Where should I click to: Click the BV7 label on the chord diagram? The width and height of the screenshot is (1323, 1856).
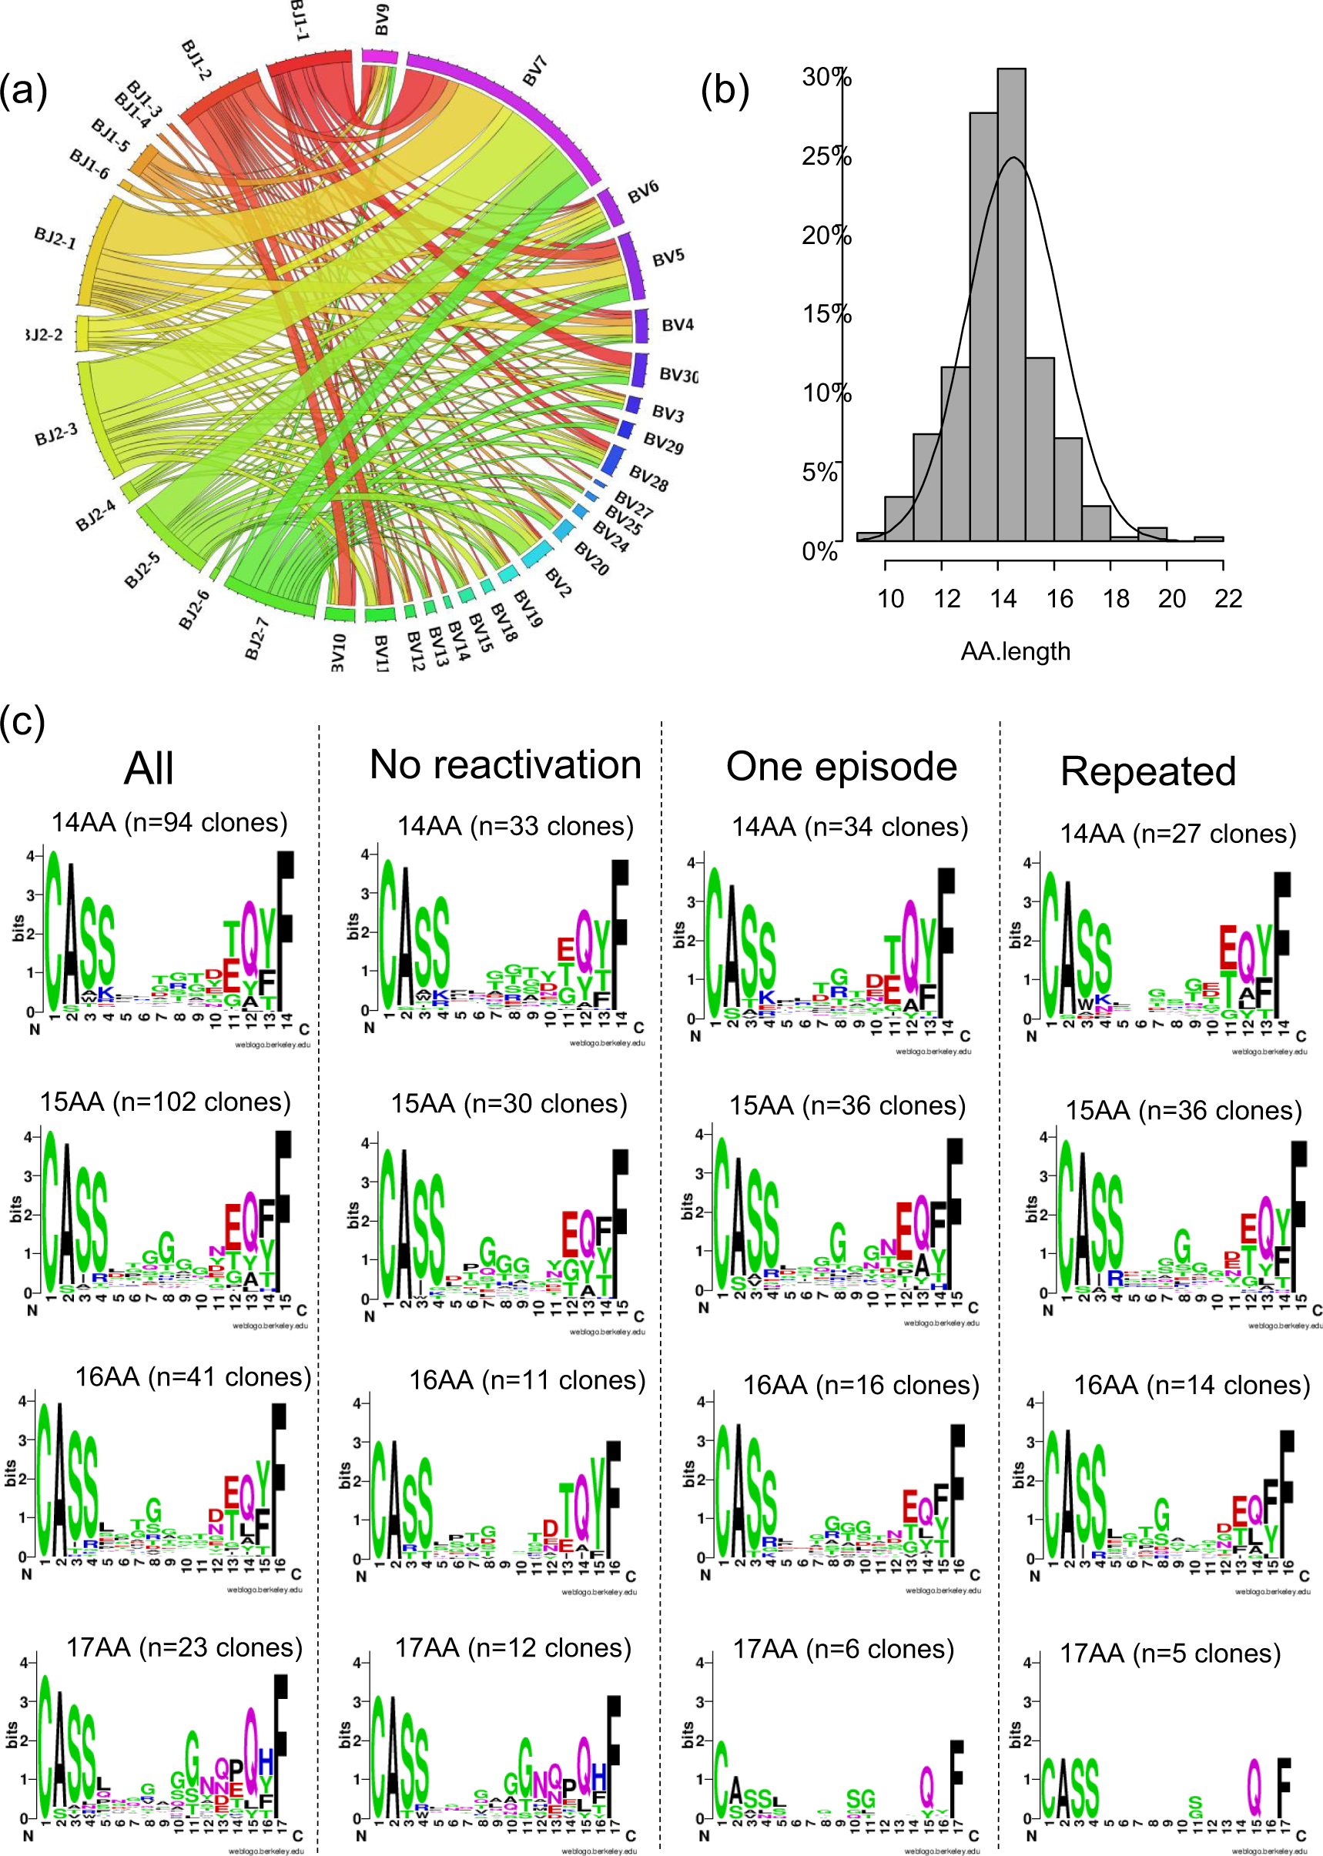click(534, 71)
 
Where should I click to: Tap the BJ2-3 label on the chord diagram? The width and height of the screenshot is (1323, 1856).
click(56, 433)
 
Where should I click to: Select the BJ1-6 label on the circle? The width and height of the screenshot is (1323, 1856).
click(89, 164)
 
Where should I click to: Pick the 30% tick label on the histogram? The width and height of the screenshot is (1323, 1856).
click(826, 78)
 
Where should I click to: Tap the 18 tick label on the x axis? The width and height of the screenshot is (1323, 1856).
click(1115, 599)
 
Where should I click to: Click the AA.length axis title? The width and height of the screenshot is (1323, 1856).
click(1015, 650)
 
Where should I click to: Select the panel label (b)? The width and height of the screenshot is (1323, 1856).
click(724, 90)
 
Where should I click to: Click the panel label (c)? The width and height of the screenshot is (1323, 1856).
click(23, 721)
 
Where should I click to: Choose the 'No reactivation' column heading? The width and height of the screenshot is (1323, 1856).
click(505, 764)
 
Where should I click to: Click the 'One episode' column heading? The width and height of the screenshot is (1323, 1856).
click(842, 767)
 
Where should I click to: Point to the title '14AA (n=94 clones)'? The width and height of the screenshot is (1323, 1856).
click(169, 822)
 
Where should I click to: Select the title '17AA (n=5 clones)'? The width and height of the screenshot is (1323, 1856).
click(1170, 1654)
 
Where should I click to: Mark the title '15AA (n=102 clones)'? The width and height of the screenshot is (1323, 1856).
click(166, 1102)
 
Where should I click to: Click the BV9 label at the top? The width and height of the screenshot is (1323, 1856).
click(381, 19)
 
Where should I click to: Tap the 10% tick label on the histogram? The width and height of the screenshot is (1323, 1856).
click(826, 393)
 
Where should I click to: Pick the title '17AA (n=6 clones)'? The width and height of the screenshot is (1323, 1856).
click(843, 1649)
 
